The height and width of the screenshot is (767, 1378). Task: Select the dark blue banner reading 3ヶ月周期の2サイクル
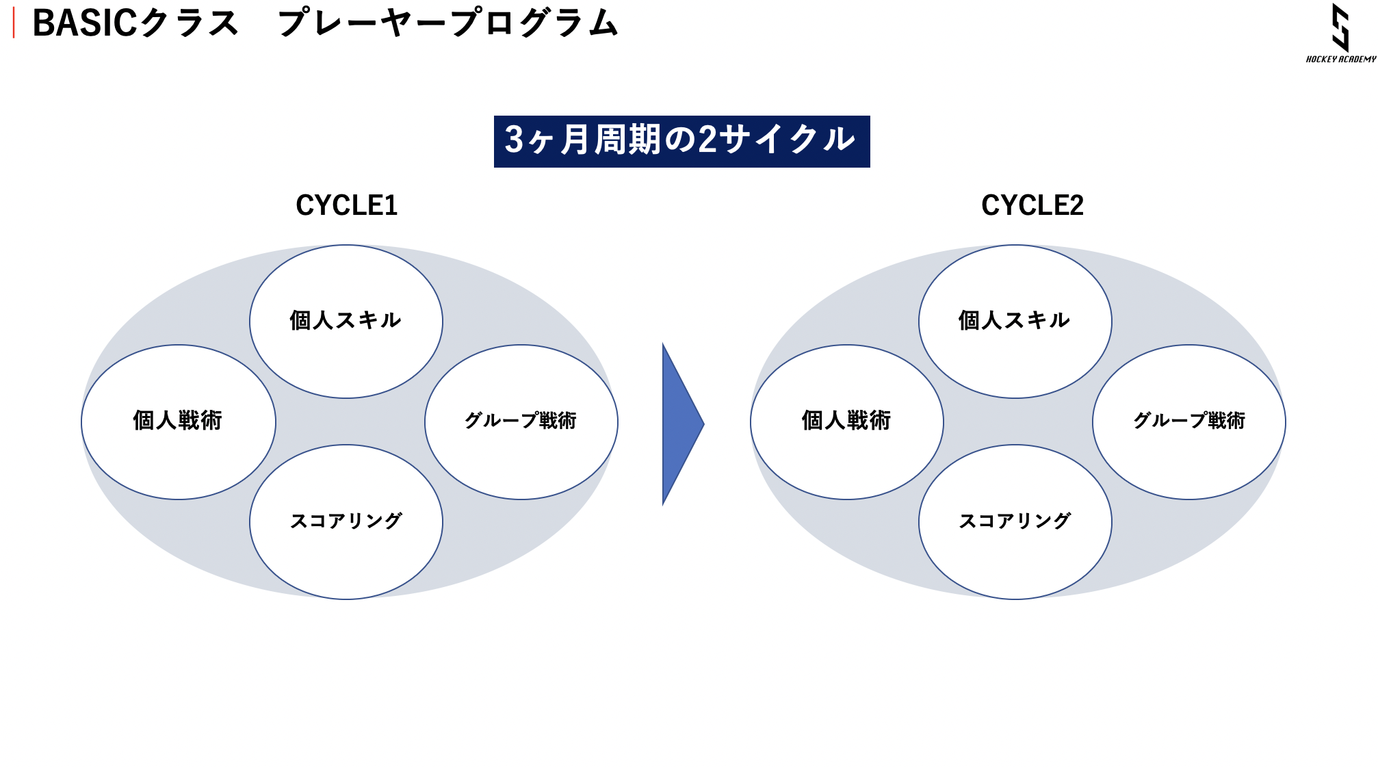click(x=681, y=141)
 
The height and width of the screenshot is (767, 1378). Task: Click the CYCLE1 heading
click(x=347, y=205)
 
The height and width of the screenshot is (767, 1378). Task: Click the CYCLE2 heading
click(x=1032, y=205)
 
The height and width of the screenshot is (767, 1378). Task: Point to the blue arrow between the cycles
click(x=682, y=424)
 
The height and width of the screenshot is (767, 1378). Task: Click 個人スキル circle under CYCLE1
click(x=346, y=322)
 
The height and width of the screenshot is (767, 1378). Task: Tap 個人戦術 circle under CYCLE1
click(x=179, y=422)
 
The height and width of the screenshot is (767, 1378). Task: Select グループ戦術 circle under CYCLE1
click(x=521, y=422)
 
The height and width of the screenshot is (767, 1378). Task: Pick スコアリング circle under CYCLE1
click(x=346, y=522)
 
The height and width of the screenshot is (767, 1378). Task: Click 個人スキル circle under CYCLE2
click(x=1015, y=322)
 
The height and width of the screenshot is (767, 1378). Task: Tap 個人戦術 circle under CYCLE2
click(x=847, y=422)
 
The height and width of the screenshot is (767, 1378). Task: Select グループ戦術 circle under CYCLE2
click(x=1189, y=422)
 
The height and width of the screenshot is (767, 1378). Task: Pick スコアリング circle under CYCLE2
click(x=1015, y=522)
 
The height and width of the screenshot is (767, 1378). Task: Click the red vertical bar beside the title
click(x=14, y=23)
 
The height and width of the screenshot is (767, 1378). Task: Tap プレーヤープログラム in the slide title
click(x=448, y=23)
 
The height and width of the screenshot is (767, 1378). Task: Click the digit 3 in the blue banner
click(x=514, y=140)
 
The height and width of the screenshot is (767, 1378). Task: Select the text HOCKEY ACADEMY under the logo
click(x=1341, y=60)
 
